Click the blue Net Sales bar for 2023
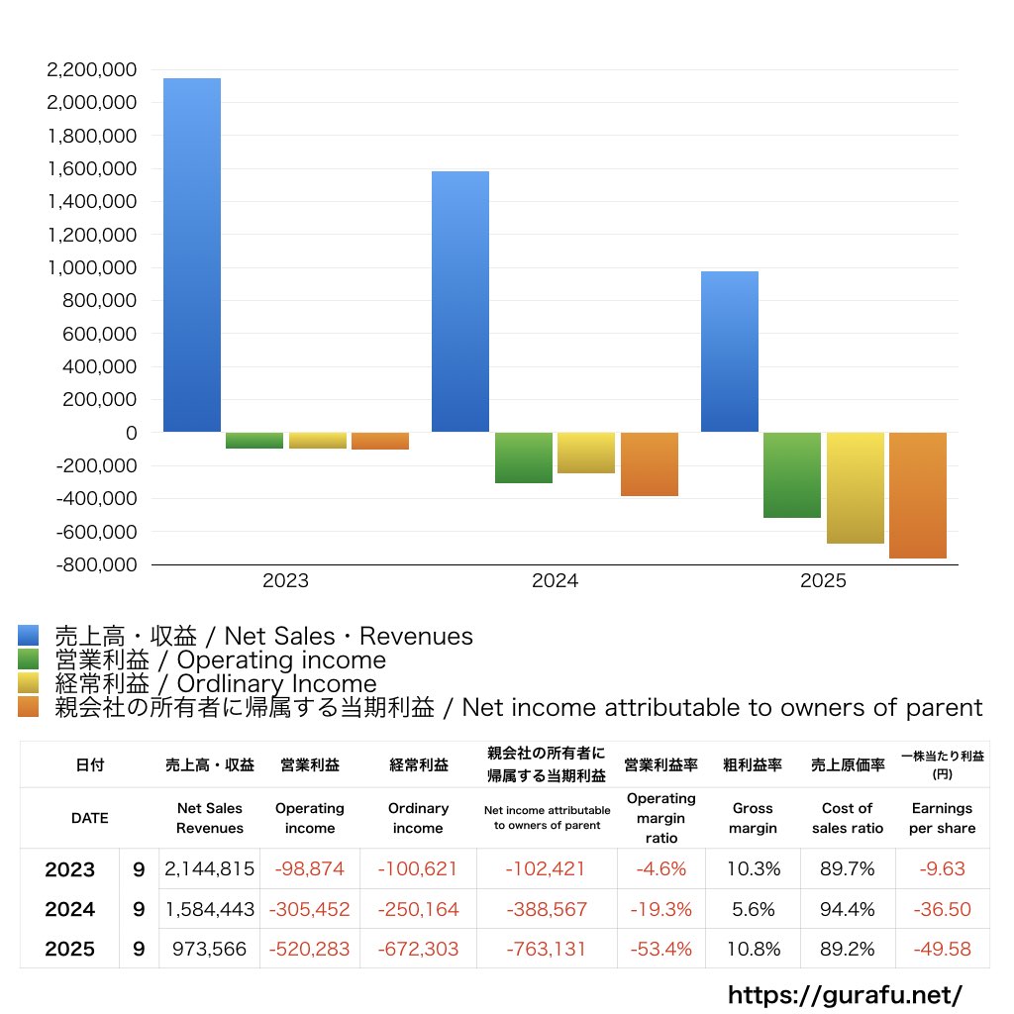(x=192, y=255)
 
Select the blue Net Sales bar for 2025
(x=730, y=352)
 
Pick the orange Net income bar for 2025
(x=918, y=495)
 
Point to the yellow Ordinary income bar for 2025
(x=856, y=488)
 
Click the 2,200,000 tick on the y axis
(x=91, y=70)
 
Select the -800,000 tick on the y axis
(x=95, y=564)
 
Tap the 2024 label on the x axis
(x=555, y=581)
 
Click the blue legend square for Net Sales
(x=28, y=636)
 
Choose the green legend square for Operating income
(x=28, y=659)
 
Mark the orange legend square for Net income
(x=28, y=707)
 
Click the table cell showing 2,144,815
(x=210, y=869)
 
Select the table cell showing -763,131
(x=546, y=949)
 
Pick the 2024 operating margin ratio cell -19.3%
(x=660, y=909)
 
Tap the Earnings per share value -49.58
(x=942, y=949)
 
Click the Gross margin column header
(x=753, y=818)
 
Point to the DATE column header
(x=89, y=818)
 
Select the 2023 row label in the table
(x=70, y=869)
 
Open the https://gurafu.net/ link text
(x=845, y=994)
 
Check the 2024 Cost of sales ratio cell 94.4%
(x=847, y=909)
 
